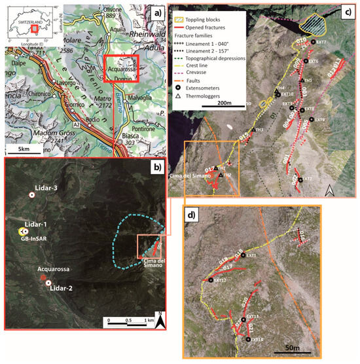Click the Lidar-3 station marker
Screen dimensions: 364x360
(x=30, y=195)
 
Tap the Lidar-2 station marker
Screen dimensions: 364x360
(x=48, y=283)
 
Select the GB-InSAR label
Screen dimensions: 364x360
(x=27, y=239)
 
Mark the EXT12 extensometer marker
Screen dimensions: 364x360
(x=211, y=280)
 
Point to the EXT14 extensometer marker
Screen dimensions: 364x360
(x=249, y=339)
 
